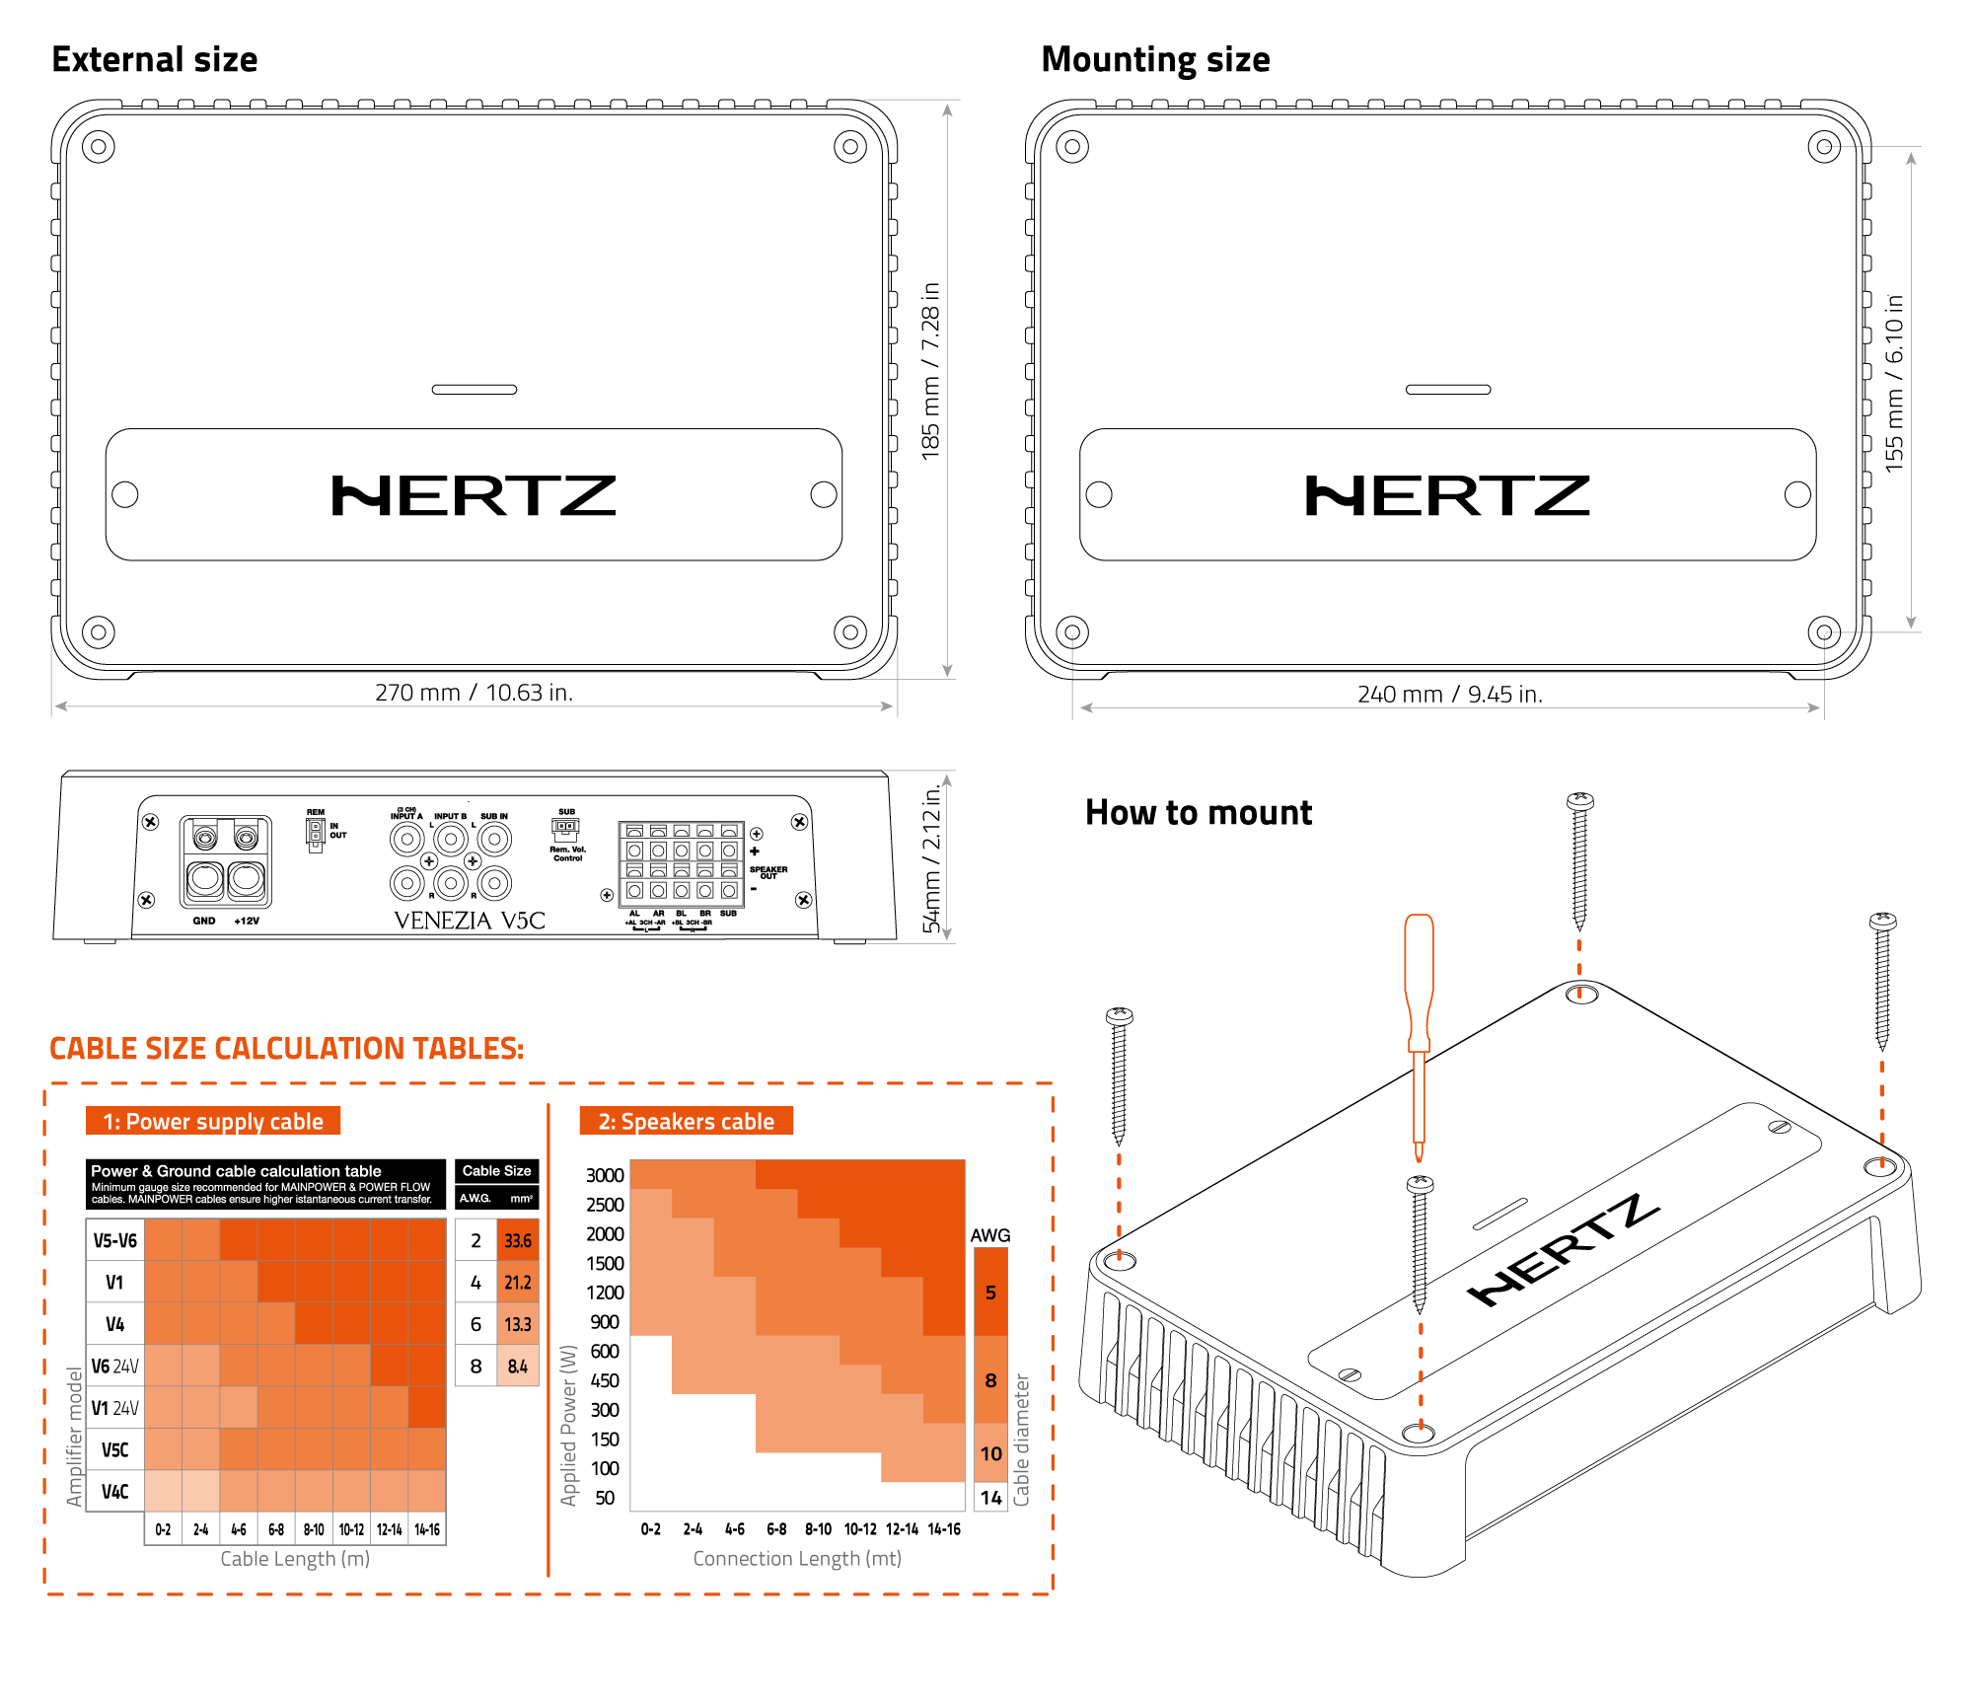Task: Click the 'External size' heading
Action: tap(155, 60)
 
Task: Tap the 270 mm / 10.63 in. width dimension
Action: tap(474, 693)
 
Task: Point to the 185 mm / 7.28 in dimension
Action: tap(930, 372)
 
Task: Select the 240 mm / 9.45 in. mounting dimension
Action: tap(1449, 695)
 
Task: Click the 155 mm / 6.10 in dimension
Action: tap(1894, 384)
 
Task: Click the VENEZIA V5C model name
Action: tap(470, 921)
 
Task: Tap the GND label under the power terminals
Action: tap(204, 921)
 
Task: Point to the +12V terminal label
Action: tap(247, 921)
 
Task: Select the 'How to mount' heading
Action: tap(1198, 813)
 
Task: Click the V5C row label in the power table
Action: tap(114, 1449)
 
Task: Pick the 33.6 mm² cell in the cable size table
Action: tap(517, 1240)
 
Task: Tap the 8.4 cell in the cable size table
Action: tap(517, 1367)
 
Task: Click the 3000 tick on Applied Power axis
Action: tap(605, 1175)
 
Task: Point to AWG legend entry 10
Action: tap(990, 1452)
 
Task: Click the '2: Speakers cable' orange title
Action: tap(686, 1122)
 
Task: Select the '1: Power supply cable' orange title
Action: tap(213, 1122)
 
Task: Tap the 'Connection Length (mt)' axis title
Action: tap(797, 1558)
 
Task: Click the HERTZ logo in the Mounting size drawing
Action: tap(1447, 495)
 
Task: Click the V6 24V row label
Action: tap(114, 1367)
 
